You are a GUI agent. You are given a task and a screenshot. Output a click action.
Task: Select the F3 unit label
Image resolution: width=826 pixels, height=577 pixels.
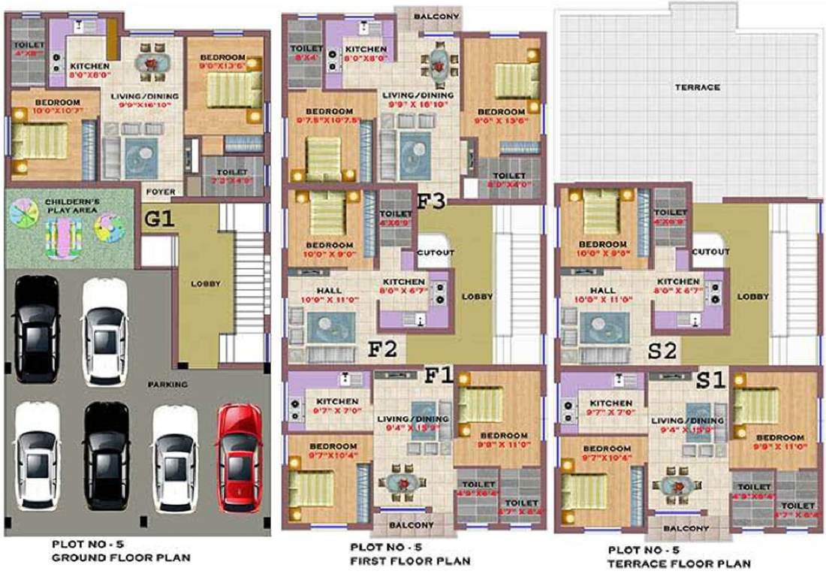point(432,201)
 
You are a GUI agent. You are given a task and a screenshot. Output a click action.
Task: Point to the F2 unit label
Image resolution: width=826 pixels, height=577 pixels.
point(382,350)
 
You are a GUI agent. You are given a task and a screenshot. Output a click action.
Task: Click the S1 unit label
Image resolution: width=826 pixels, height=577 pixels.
point(710,380)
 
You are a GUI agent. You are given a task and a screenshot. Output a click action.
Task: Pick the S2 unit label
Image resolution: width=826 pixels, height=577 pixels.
point(665,350)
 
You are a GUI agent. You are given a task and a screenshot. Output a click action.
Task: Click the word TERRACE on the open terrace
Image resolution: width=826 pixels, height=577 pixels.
point(698,87)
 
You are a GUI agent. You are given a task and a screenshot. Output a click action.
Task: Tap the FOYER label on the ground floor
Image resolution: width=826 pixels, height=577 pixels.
point(160,192)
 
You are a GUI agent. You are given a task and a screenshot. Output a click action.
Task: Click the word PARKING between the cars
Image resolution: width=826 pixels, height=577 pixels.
point(167,385)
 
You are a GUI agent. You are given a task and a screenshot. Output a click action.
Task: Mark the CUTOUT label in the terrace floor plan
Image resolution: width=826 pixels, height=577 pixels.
point(710,252)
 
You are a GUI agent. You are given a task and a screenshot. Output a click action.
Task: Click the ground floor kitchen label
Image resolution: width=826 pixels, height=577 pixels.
point(89,66)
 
